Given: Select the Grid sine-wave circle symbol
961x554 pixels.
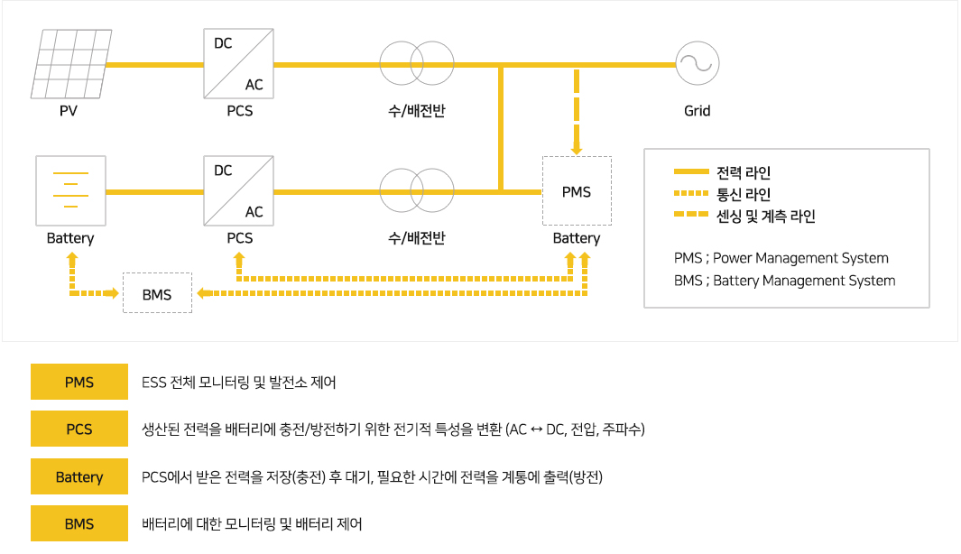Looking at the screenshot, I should tap(698, 64).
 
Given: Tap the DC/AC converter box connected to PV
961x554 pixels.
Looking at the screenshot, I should tap(239, 64).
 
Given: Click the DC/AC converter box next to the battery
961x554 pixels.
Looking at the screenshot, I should tap(239, 191).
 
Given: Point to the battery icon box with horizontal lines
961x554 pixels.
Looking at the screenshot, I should tap(70, 191).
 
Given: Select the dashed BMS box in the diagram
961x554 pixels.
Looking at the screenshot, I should tap(157, 293).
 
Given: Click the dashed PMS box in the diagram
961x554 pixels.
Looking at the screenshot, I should tap(577, 191).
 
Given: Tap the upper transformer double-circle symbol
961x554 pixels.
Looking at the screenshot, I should tap(415, 64).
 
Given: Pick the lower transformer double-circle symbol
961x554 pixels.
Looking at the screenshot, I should tap(415, 191).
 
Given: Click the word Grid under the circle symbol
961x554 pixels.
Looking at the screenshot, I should tap(698, 111).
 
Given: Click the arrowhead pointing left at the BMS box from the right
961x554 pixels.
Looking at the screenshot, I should tap(202, 293).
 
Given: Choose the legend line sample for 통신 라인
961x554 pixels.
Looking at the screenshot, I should tap(691, 194).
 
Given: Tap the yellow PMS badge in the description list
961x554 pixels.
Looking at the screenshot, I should tap(79, 382).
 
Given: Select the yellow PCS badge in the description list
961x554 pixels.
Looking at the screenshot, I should tap(79, 429).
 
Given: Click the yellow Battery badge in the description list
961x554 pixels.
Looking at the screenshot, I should tap(79, 476).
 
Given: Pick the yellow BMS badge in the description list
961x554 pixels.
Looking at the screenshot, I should tap(79, 523).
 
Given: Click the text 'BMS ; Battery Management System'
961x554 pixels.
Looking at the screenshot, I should tap(784, 281).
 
